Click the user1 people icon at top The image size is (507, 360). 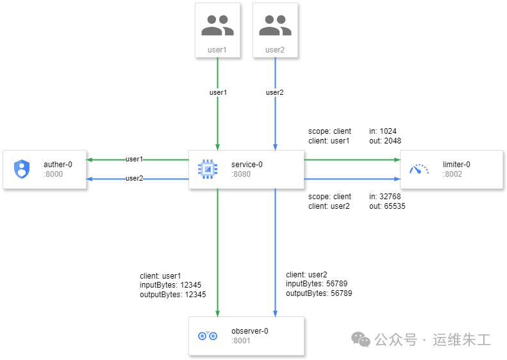[x=217, y=26]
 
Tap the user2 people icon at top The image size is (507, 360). [x=275, y=26]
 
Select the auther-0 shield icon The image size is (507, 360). [x=22, y=169]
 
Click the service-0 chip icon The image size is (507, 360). [x=206, y=169]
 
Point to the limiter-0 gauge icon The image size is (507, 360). [x=419, y=169]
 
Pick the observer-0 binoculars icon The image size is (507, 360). [x=207, y=336]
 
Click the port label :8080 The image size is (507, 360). [x=241, y=174]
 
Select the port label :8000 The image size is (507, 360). [x=53, y=174]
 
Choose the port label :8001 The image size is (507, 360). [x=241, y=340]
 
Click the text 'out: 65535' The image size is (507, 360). [x=387, y=206]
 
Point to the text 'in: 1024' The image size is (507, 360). [x=383, y=131]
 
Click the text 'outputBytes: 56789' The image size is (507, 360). [x=319, y=293]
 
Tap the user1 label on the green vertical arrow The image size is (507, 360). [x=218, y=92]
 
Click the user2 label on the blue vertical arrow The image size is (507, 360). [x=275, y=92]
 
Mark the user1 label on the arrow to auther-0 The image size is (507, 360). [x=134, y=159]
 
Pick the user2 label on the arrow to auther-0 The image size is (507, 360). [x=134, y=178]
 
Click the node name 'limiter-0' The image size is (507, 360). [x=456, y=165]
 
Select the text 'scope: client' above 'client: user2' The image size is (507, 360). [x=329, y=197]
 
